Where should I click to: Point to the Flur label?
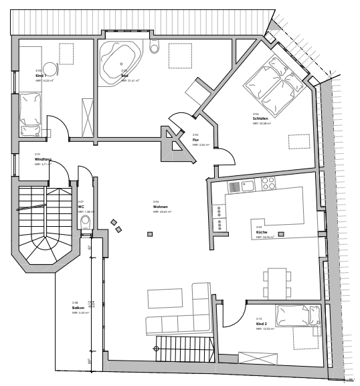[195, 139]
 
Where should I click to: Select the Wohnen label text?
[159, 207]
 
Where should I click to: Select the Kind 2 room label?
[263, 324]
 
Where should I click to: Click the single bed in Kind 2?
[298, 315]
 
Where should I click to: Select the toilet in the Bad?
[155, 47]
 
